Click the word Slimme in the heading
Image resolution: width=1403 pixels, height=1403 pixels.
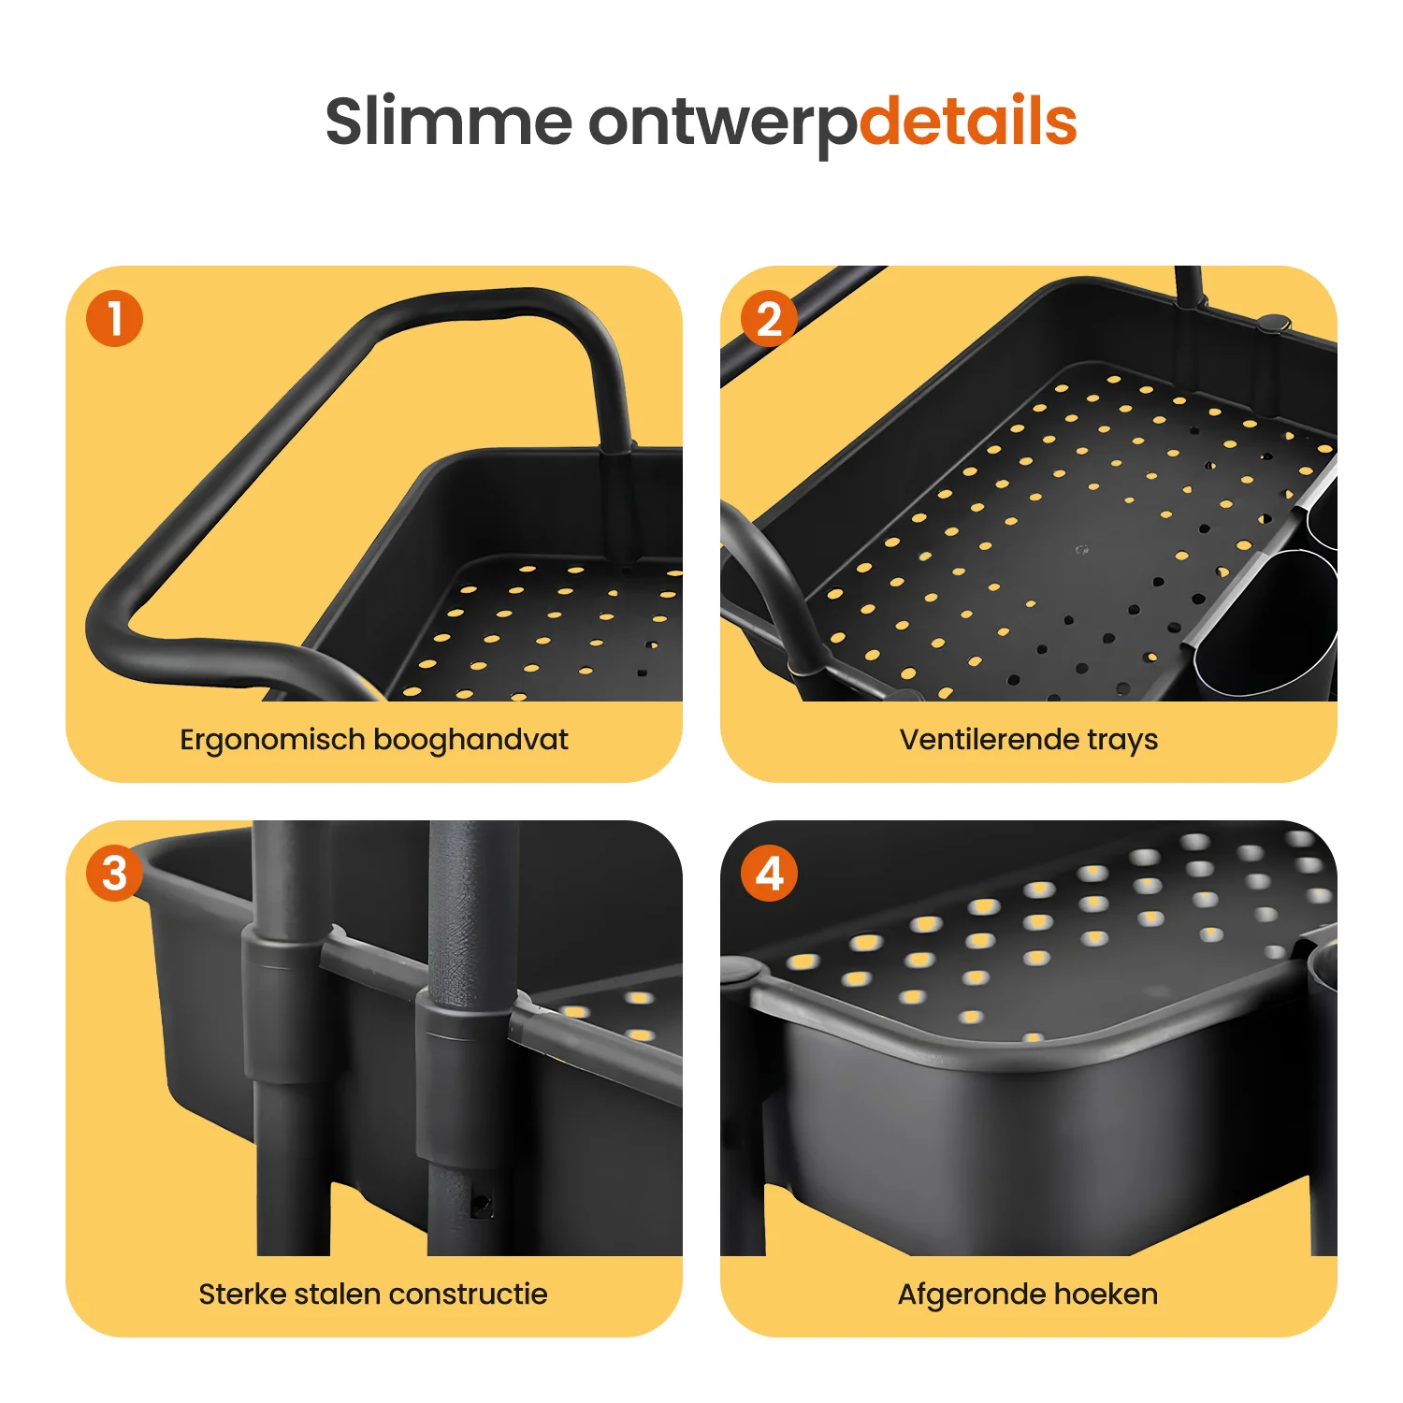(449, 122)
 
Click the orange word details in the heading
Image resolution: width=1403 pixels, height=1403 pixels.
(968, 122)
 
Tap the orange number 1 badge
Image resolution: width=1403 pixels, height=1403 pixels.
(114, 318)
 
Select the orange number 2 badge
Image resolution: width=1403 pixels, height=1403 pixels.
(769, 318)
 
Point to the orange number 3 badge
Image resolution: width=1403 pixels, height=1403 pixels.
(114, 874)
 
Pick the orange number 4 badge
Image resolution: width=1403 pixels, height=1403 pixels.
(769, 874)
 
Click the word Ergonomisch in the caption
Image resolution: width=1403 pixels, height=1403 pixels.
(272, 741)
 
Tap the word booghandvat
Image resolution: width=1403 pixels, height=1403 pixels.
(471, 740)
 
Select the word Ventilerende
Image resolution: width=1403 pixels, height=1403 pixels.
(989, 740)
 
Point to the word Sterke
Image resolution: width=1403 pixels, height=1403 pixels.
(241, 1295)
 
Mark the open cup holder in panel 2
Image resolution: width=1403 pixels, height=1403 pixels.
(1268, 622)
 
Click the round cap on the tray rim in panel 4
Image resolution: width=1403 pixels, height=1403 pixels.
(738, 970)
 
